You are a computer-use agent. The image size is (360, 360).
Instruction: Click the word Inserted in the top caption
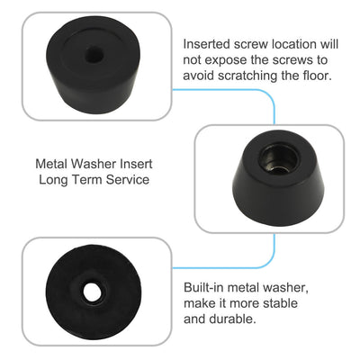click(x=210, y=43)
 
